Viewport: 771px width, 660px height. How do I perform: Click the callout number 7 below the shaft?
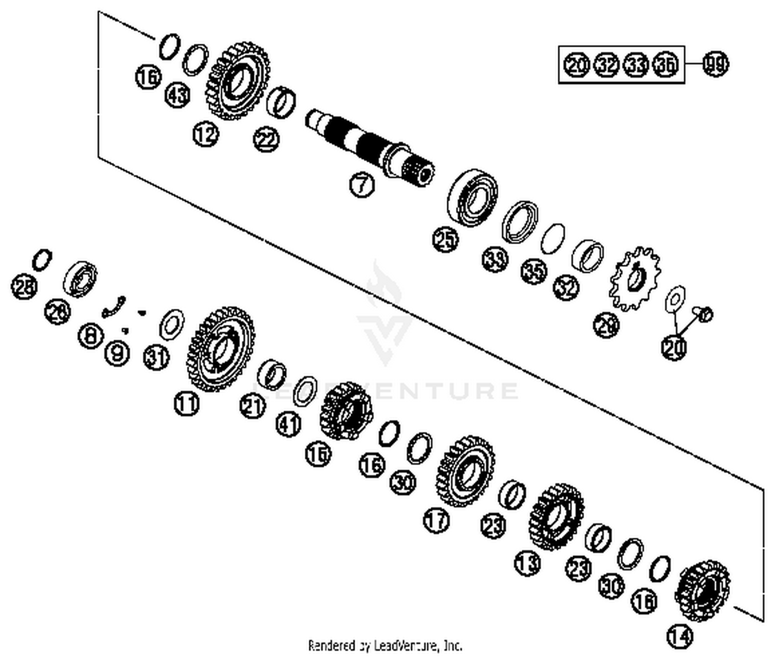[362, 185]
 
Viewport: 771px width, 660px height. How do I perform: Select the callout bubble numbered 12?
[206, 135]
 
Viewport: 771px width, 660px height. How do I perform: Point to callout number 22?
[266, 140]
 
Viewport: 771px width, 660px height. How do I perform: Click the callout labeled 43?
[178, 95]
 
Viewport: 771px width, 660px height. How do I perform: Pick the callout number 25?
[446, 240]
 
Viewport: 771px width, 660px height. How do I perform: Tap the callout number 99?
[715, 64]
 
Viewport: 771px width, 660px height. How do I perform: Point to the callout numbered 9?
[117, 353]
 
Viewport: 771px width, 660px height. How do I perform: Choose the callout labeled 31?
[156, 357]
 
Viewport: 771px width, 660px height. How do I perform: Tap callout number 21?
[252, 407]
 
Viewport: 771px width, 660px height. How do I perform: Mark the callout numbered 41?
[289, 424]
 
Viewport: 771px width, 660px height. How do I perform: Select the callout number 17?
[436, 520]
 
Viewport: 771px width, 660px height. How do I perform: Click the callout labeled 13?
[527, 563]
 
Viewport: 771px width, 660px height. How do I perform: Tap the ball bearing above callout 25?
[473, 197]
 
